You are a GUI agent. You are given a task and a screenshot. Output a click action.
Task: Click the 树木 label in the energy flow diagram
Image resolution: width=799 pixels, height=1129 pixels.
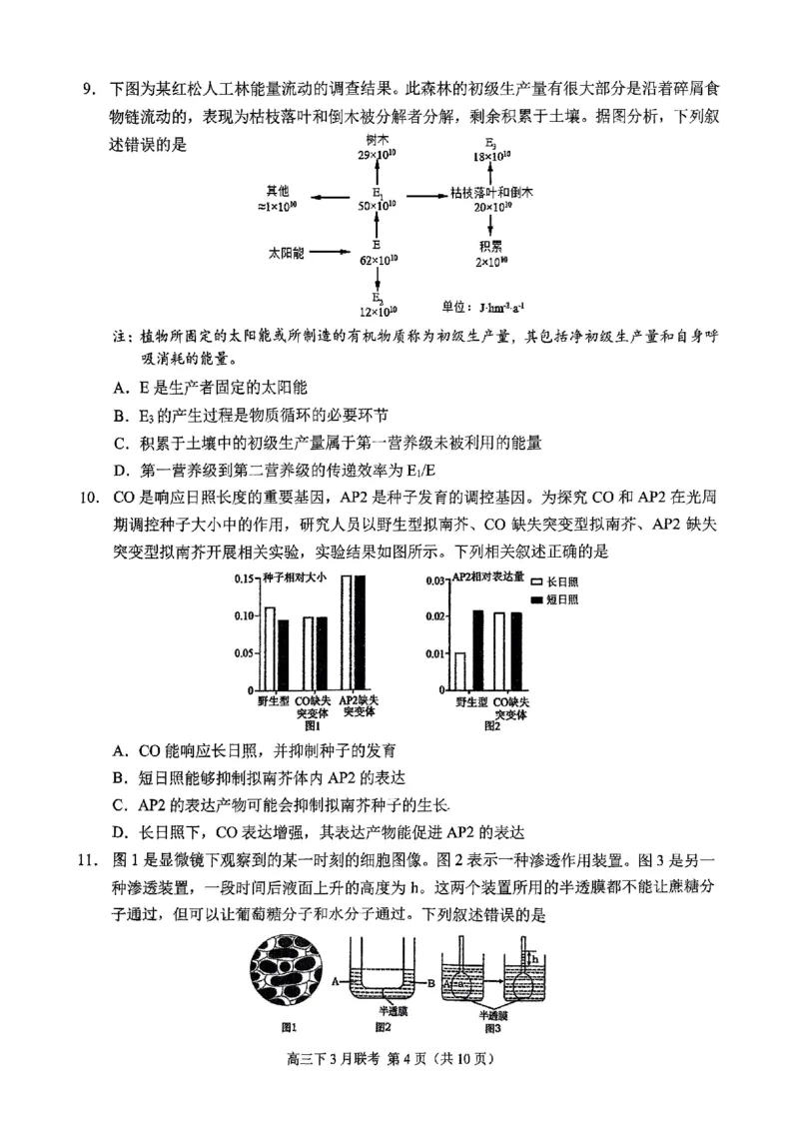point(377,144)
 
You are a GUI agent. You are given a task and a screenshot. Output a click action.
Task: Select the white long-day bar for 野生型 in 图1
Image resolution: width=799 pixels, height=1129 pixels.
point(269,648)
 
